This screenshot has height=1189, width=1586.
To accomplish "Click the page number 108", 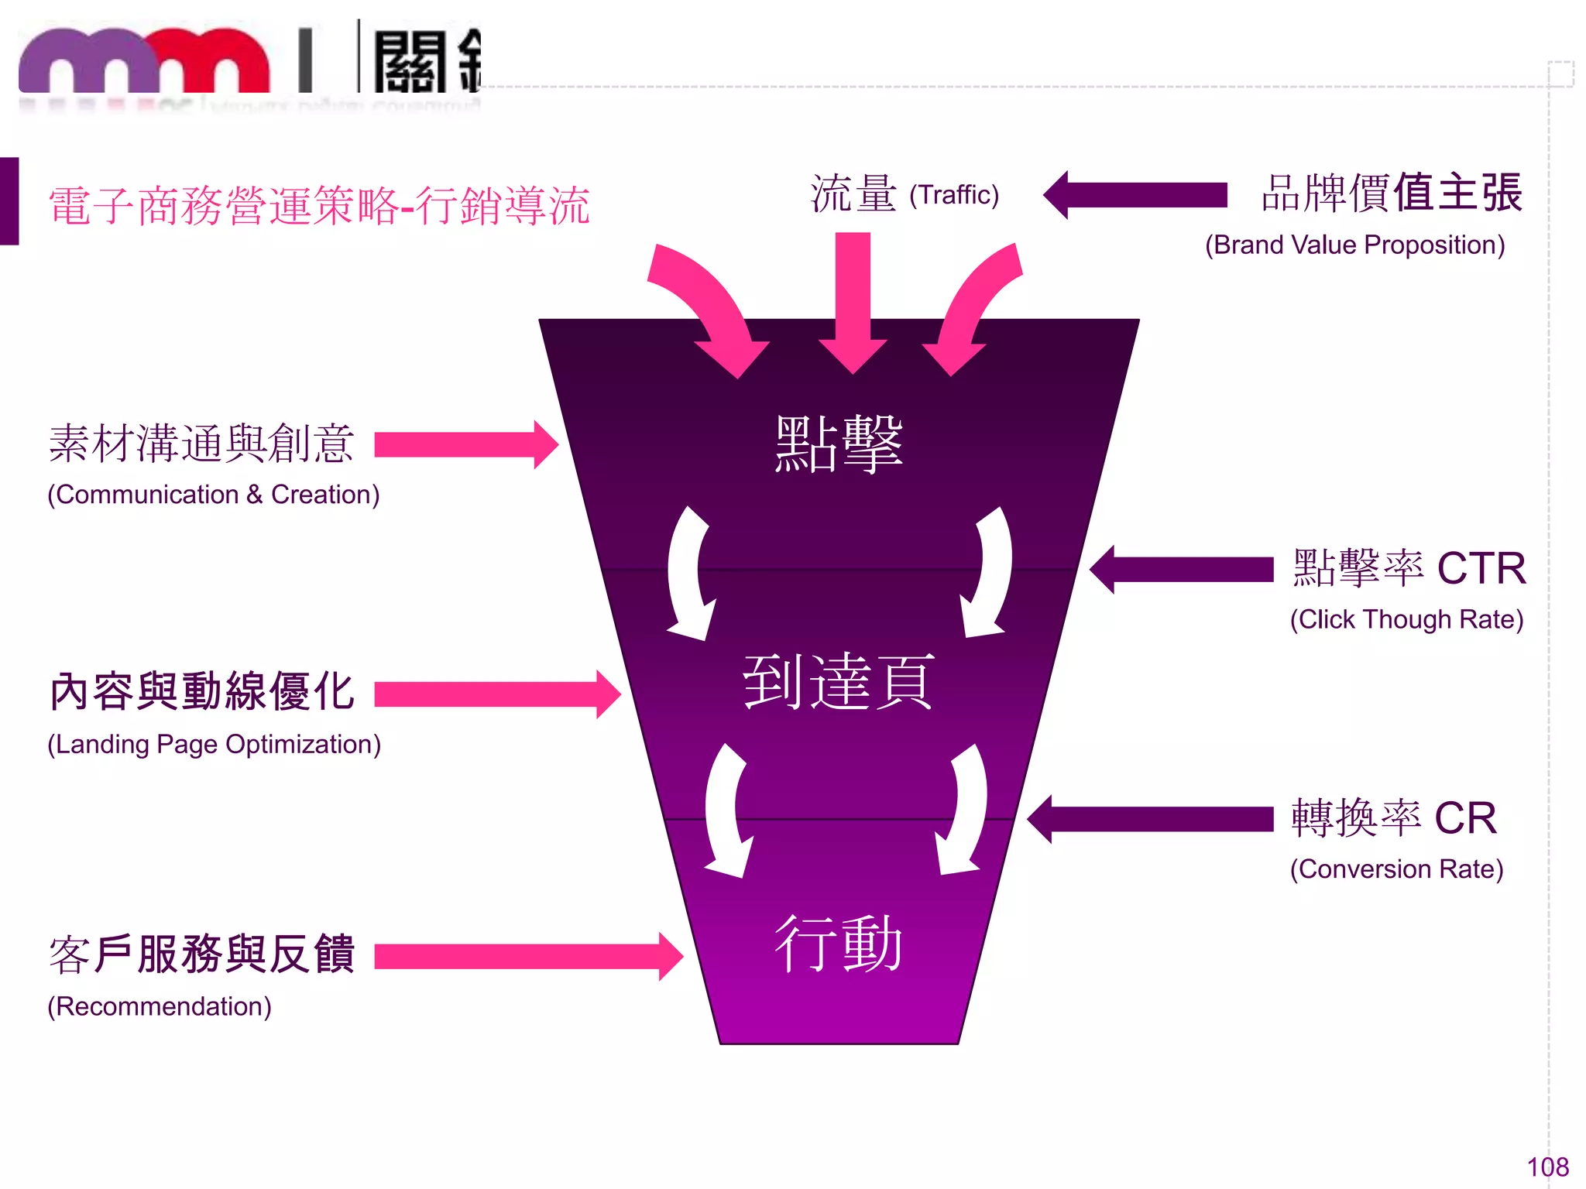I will pos(1547,1167).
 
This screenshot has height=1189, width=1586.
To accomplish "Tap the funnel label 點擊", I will pos(839,444).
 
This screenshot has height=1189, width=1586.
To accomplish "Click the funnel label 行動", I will pos(839,944).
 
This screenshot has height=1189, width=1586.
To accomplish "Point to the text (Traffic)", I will pos(953,195).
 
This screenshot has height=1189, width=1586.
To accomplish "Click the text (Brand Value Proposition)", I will pos(1354,245).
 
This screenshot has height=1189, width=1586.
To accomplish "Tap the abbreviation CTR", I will pos(1481,569).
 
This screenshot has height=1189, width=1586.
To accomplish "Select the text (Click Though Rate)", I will pos(1406,620).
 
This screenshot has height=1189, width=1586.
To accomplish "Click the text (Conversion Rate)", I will pos(1396,869).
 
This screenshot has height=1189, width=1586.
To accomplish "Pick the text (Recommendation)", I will pos(160,1006).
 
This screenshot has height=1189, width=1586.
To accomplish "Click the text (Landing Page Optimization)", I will pos(214,745).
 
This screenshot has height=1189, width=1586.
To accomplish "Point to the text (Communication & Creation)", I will pos(214,495).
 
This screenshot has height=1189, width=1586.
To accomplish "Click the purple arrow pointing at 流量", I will pos(1135,195).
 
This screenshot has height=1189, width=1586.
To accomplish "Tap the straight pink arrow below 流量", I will pos(853,302).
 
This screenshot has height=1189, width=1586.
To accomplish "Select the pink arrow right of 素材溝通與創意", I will pos(465,445).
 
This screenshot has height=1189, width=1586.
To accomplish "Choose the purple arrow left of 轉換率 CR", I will pos(1151,819).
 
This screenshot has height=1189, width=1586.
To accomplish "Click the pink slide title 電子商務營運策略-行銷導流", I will pos(319,207).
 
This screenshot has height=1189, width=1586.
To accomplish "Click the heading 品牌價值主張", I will pos(1392,194).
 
